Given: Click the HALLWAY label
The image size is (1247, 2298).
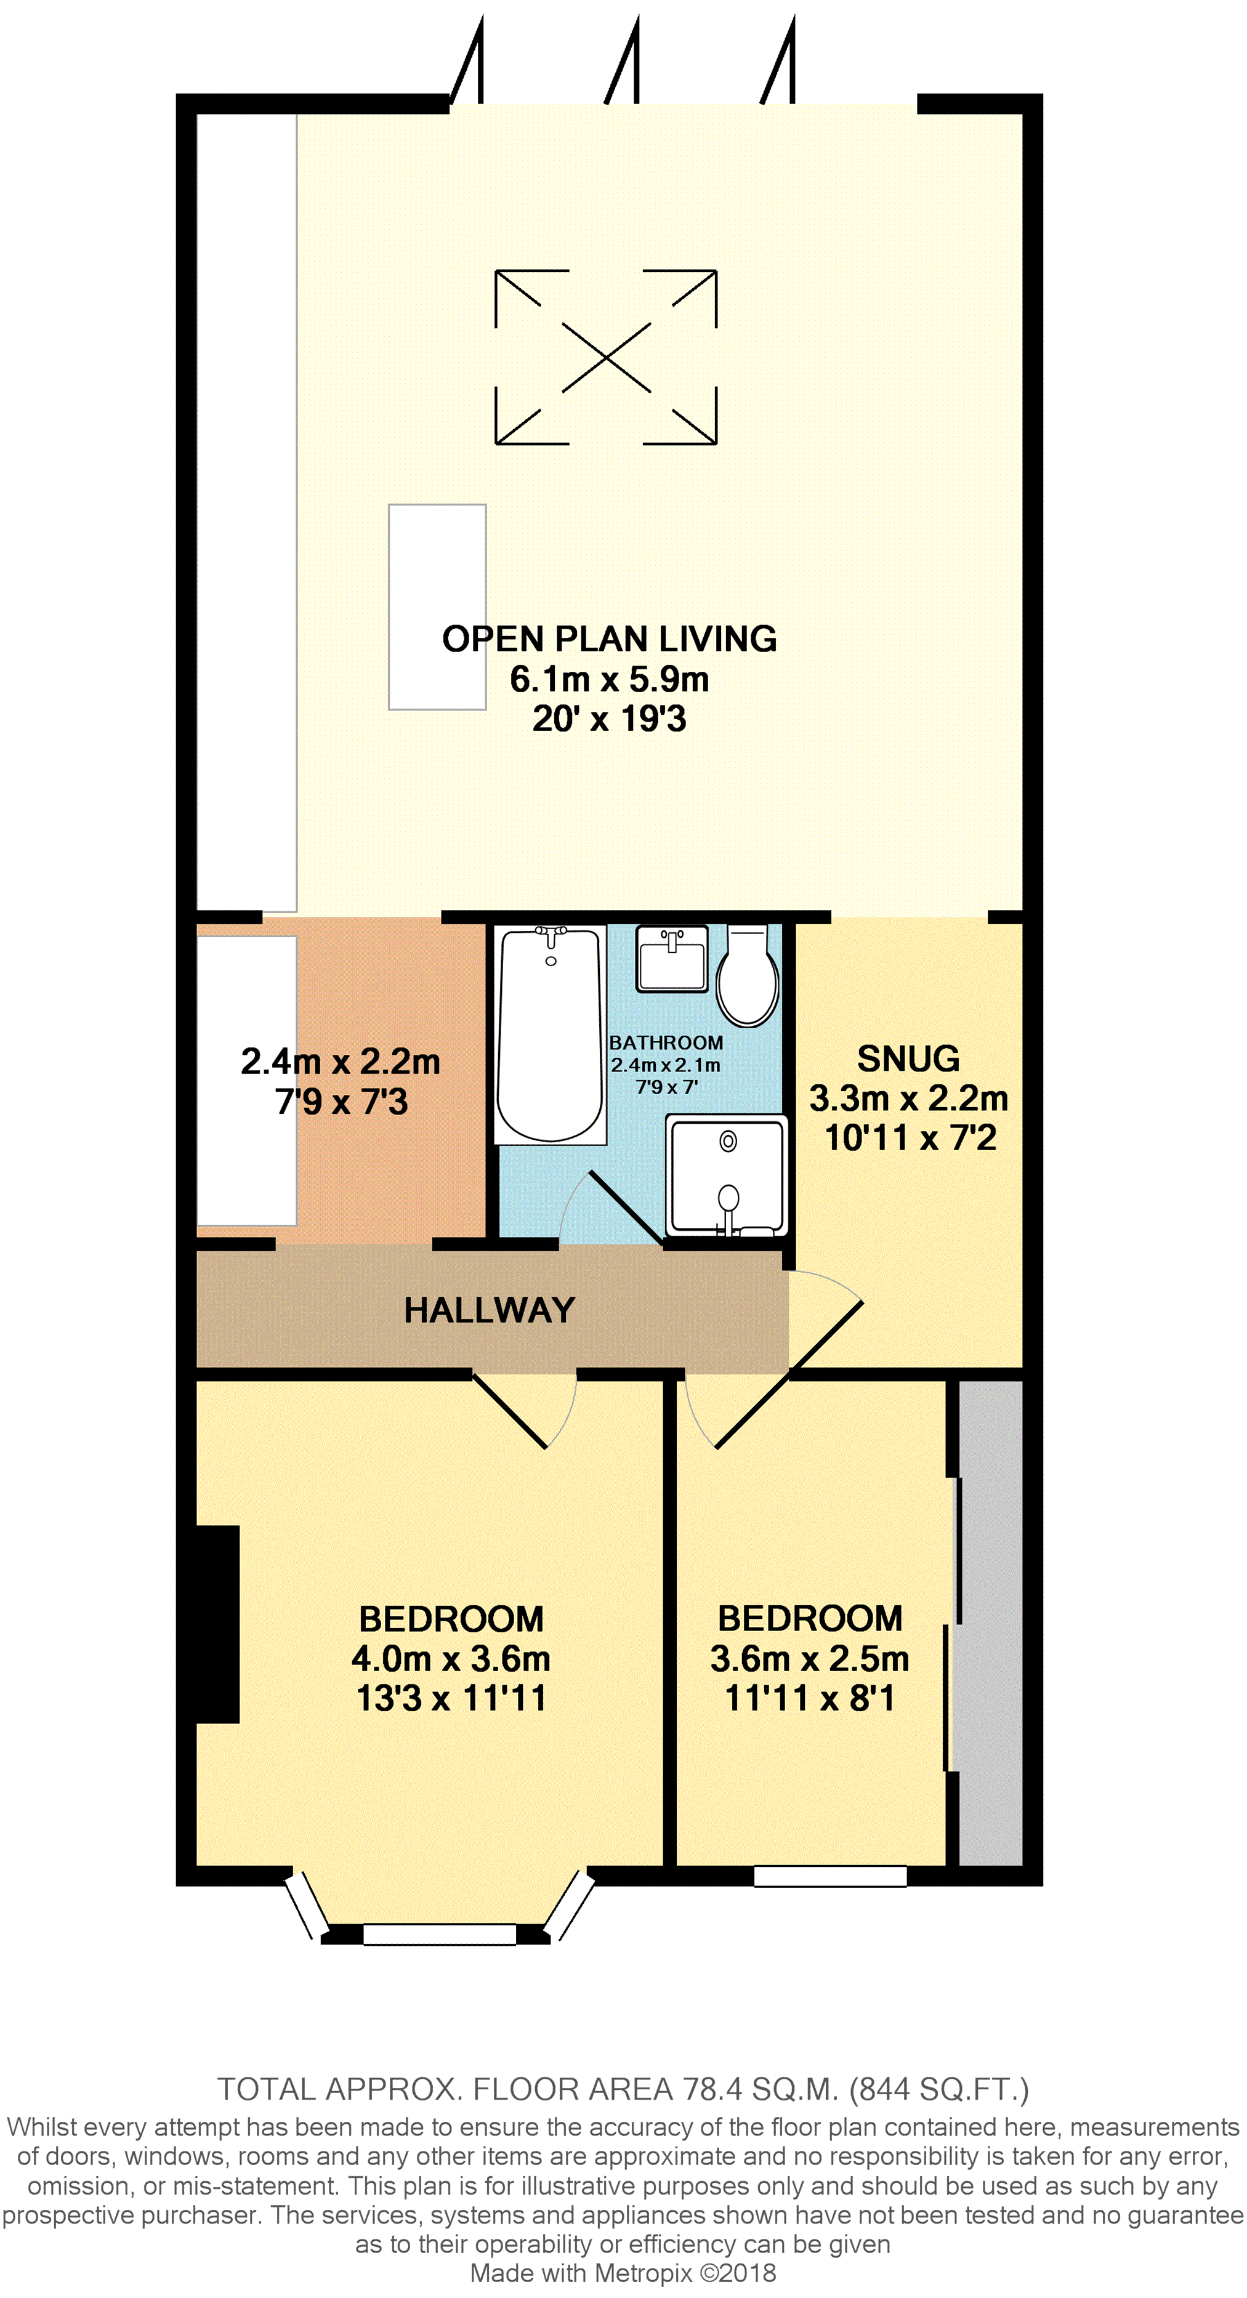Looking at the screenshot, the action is [489, 1310].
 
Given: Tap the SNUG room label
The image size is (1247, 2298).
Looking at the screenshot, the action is [908, 1059].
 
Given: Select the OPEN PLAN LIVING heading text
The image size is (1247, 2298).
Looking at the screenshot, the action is [609, 639].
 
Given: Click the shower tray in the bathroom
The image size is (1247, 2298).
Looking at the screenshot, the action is [727, 1175].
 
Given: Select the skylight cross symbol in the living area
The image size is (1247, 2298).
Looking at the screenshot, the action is [606, 357].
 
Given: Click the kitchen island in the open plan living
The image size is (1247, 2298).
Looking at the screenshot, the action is [437, 607].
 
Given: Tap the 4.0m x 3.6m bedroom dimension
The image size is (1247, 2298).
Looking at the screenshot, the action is [450, 1658].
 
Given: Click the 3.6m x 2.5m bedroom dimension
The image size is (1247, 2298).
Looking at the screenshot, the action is [810, 1658].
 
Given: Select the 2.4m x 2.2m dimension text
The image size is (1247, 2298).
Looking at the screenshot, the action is [341, 1062].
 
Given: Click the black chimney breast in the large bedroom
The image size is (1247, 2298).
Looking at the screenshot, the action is [217, 1624].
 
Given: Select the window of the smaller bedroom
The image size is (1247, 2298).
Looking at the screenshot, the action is [831, 1876].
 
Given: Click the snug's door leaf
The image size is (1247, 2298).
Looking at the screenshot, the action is [825, 1336].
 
